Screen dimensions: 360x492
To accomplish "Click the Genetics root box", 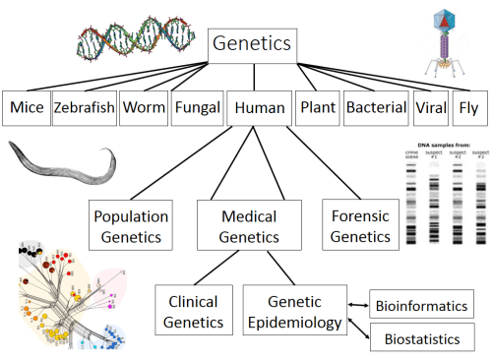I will click(x=251, y=44).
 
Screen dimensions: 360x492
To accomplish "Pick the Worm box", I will click(x=143, y=107).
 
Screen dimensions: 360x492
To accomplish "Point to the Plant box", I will click(x=316, y=107).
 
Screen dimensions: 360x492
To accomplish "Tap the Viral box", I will click(x=430, y=107).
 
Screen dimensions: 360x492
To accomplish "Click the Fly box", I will click(x=471, y=107).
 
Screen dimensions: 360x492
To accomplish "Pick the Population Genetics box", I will click(x=130, y=225).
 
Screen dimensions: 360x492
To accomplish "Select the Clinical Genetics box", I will click(x=193, y=312).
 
